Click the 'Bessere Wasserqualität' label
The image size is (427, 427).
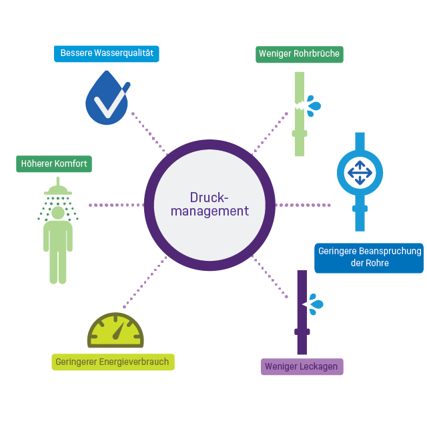(x=107, y=53)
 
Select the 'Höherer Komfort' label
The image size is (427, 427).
(x=54, y=164)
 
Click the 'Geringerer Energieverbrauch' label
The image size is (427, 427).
(x=113, y=362)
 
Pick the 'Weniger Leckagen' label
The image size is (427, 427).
(x=302, y=366)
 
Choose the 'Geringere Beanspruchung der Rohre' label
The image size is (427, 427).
(x=369, y=258)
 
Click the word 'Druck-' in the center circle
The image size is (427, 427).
(x=209, y=198)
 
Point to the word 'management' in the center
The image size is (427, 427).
(x=209, y=211)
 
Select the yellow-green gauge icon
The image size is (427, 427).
(x=115, y=330)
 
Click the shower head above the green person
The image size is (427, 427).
(x=58, y=189)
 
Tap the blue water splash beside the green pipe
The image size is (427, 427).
(x=313, y=105)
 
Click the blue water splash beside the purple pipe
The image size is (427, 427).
(x=315, y=304)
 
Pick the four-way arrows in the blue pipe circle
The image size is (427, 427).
(x=360, y=173)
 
